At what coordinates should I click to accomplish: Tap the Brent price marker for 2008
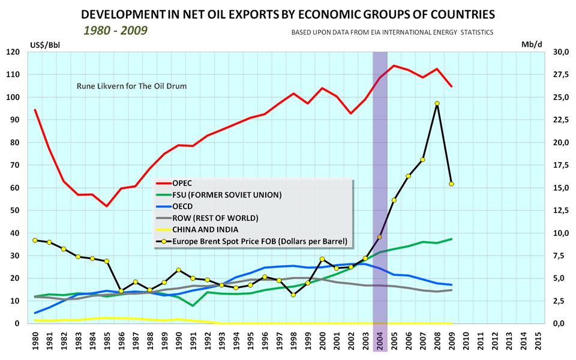coord(437,103)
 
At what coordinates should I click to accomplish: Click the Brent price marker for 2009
coord(451,184)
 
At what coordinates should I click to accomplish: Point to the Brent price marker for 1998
coord(293,295)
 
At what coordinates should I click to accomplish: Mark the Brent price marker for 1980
coord(35,240)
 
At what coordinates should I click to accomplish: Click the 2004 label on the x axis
coord(380,340)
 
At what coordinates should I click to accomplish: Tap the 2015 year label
coord(538,340)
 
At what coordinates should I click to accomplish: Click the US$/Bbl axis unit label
coord(45,44)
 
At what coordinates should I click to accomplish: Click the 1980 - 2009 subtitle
coord(115,29)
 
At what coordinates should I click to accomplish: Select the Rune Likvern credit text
coord(131,86)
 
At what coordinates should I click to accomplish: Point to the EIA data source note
coord(392,32)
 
